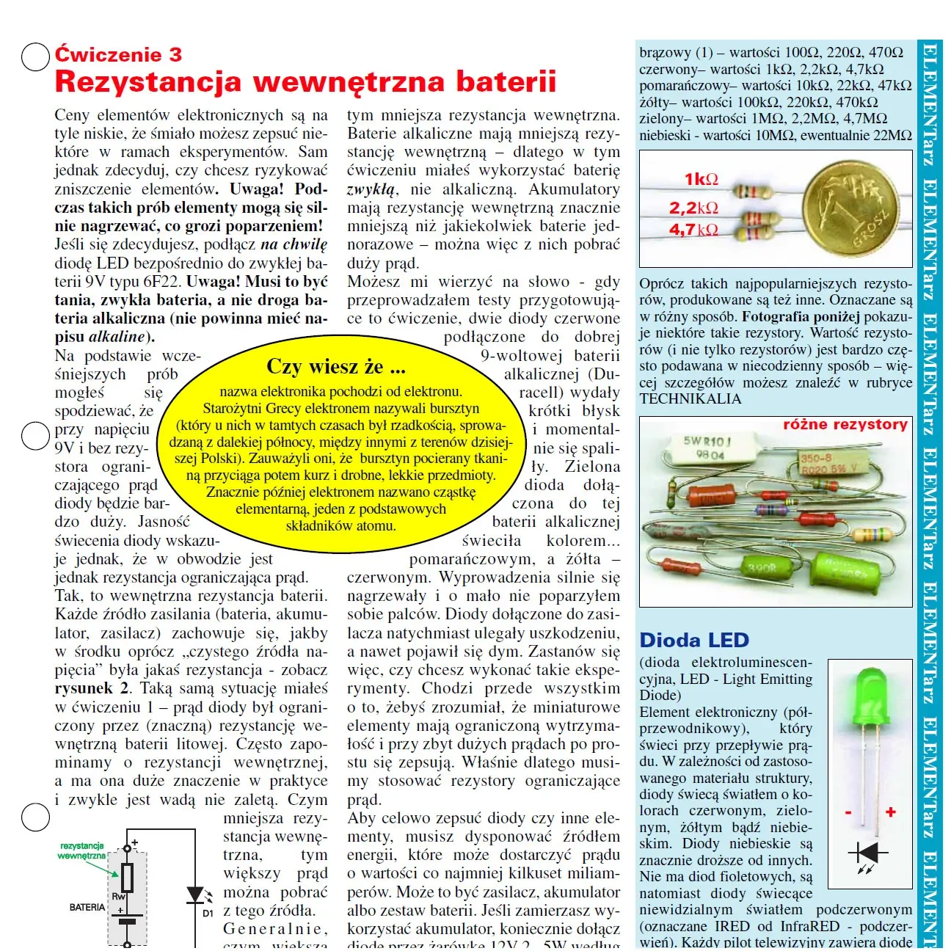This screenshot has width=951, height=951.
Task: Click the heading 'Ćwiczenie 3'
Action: point(118,55)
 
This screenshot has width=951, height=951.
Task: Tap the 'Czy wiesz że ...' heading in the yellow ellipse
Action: point(336,366)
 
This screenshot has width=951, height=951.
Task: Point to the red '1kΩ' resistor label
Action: point(702,179)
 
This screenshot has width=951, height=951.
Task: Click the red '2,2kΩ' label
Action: point(693,208)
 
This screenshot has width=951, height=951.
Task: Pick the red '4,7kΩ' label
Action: point(693,230)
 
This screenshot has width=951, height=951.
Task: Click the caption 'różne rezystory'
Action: point(845,425)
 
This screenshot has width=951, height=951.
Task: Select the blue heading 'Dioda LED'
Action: point(694,640)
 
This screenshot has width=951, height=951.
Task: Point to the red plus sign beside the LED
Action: point(891,812)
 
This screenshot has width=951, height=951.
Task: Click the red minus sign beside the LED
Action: point(848,813)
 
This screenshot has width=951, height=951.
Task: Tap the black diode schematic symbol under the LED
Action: point(868,853)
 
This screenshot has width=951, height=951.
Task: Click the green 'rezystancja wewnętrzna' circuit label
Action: point(82,851)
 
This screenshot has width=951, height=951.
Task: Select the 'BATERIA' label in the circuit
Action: point(87,908)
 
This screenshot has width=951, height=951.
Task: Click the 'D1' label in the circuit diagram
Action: point(208,914)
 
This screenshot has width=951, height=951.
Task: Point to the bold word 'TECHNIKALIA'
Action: point(691,399)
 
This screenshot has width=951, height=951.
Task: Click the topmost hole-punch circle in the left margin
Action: point(34,57)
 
